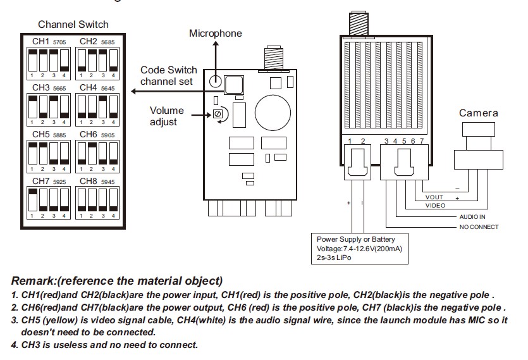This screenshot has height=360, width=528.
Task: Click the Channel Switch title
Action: point(73,25)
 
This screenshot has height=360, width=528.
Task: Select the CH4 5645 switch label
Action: point(97,87)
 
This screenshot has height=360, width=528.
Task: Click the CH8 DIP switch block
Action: point(97,201)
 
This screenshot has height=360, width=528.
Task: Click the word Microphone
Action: point(215,33)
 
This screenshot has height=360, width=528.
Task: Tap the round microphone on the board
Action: point(215,81)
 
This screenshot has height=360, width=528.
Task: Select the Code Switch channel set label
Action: point(168,75)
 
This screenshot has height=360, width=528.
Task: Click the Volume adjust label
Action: point(166,116)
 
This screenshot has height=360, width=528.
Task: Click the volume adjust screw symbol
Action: point(218,115)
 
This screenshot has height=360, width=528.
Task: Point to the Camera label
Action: point(478,113)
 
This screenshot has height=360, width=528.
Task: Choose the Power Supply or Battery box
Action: point(361,249)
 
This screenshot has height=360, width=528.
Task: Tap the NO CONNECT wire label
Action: point(479,227)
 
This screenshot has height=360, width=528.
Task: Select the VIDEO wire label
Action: point(435,206)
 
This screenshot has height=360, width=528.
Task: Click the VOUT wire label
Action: point(434,197)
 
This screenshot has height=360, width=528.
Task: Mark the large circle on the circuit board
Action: point(273,109)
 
